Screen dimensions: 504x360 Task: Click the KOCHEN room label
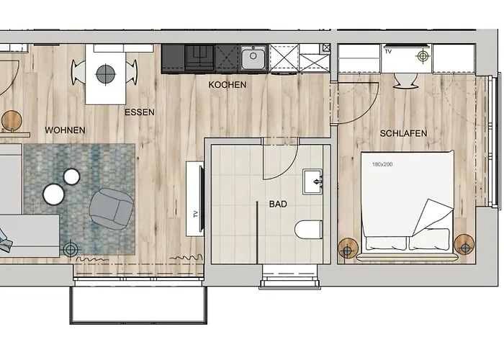[228, 85]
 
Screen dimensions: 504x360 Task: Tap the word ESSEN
[140, 112]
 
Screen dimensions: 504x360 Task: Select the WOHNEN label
[65, 130]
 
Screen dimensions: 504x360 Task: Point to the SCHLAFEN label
[403, 133]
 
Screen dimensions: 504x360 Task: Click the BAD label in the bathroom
[278, 204]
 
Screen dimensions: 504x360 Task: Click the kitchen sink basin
[253, 58]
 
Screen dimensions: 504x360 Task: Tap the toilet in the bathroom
[309, 230]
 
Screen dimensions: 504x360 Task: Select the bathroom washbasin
[312, 182]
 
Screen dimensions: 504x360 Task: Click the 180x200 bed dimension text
[382, 164]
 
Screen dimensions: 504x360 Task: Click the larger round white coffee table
[54, 194]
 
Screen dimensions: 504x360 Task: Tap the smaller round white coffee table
[71, 176]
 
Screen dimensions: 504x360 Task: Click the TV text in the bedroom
[388, 51]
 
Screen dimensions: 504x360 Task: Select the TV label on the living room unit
[195, 215]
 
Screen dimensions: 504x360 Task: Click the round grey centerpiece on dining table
[105, 73]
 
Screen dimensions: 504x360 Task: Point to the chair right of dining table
[132, 73]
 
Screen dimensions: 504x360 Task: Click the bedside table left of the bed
[348, 248]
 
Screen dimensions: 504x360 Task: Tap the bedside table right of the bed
[464, 245]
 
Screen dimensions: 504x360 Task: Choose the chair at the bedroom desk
[405, 81]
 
